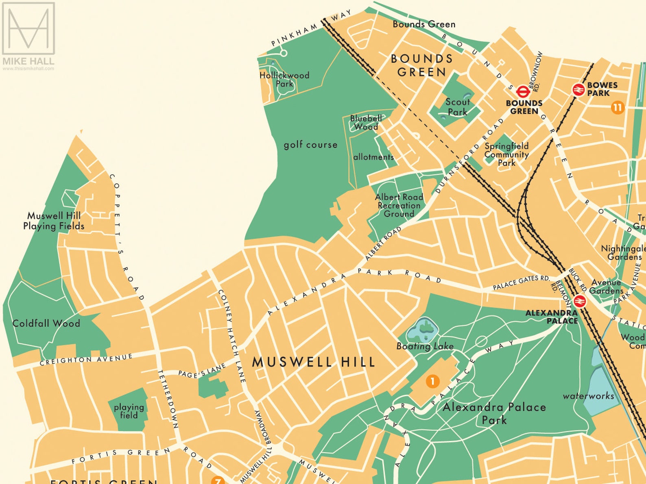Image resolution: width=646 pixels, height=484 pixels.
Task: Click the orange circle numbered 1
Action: point(432,381)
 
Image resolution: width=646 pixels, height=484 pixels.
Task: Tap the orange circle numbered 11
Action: point(618,108)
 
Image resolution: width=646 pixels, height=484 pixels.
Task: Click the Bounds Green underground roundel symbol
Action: point(522,91)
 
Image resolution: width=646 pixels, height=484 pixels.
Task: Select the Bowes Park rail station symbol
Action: point(578,89)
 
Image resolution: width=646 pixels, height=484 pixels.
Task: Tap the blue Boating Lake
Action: point(423,330)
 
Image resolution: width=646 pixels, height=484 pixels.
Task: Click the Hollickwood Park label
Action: point(284,80)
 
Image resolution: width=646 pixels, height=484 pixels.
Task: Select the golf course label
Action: point(310,145)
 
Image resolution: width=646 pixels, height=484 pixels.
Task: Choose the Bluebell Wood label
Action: point(366,122)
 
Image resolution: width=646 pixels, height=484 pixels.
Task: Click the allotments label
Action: point(373,157)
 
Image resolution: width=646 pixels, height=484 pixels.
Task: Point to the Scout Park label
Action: point(458,107)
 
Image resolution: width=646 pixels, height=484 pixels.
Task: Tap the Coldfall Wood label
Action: point(46,323)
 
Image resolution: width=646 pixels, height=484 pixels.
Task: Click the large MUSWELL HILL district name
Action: point(314,362)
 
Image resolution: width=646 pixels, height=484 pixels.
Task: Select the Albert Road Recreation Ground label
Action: point(399,205)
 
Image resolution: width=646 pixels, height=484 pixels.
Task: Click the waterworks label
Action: point(588,395)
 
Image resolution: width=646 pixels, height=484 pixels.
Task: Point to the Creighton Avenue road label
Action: point(86,360)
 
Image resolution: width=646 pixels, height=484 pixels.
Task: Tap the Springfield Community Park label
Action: point(506,154)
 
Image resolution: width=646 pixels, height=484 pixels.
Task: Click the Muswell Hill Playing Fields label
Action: point(54,221)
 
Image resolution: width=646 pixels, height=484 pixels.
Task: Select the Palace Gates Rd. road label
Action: point(521,282)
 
